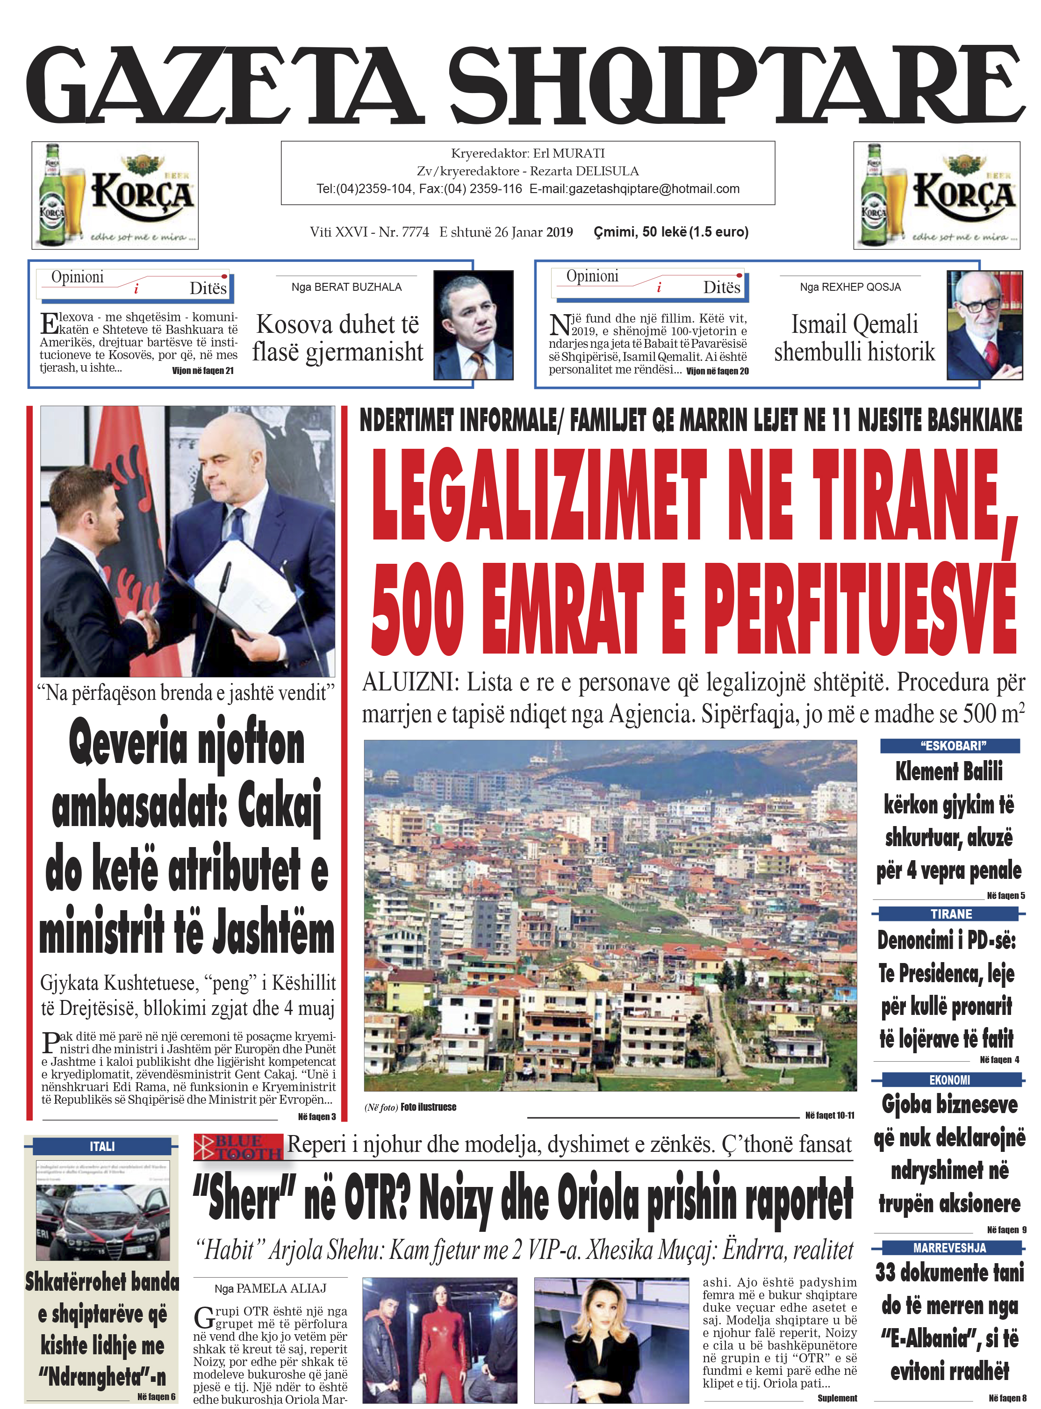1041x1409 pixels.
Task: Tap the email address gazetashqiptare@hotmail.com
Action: tap(634, 189)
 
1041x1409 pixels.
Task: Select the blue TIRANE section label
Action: tap(950, 914)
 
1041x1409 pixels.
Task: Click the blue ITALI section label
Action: tap(102, 1146)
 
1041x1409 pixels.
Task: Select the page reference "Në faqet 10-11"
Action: tap(829, 1115)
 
